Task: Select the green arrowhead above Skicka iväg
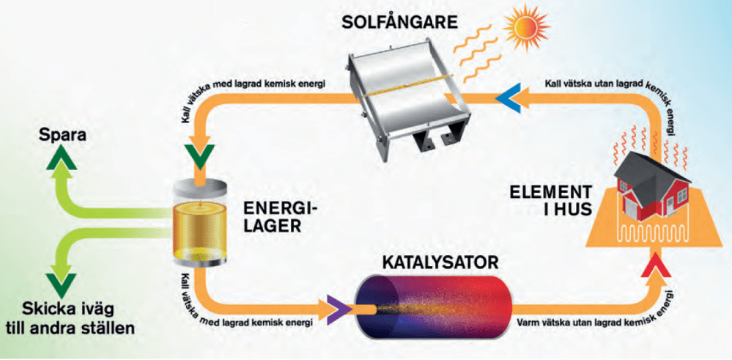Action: point(56,282)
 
